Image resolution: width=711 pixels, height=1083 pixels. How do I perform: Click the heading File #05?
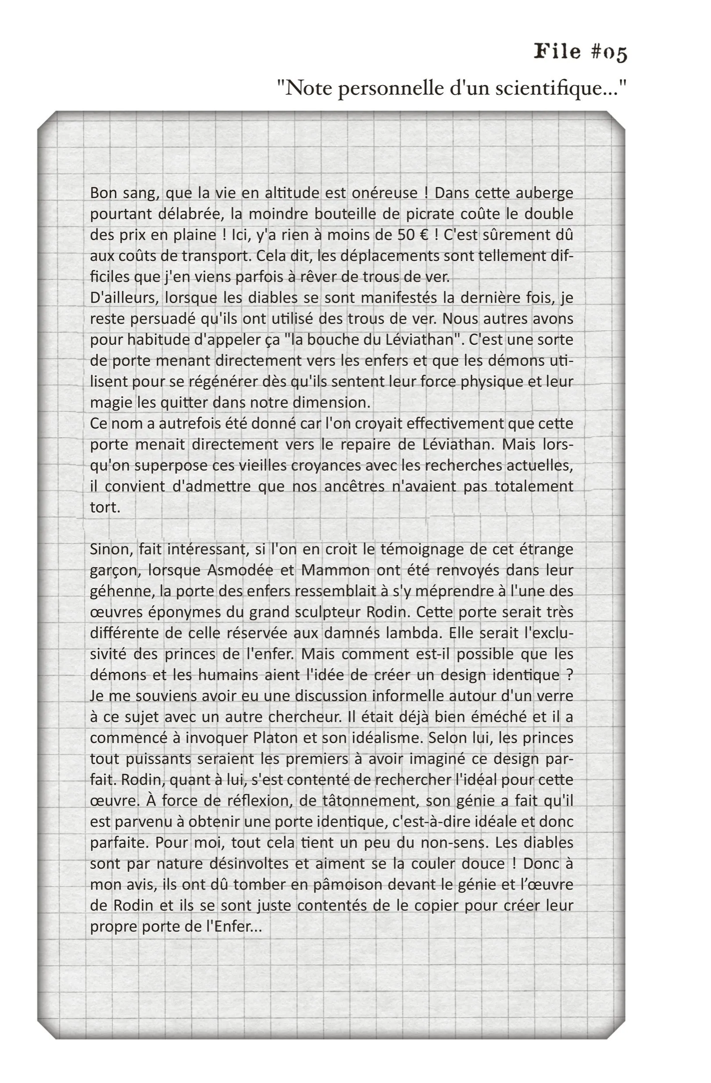coord(580,52)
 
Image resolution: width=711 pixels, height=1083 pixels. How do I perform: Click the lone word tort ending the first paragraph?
coord(105,507)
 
